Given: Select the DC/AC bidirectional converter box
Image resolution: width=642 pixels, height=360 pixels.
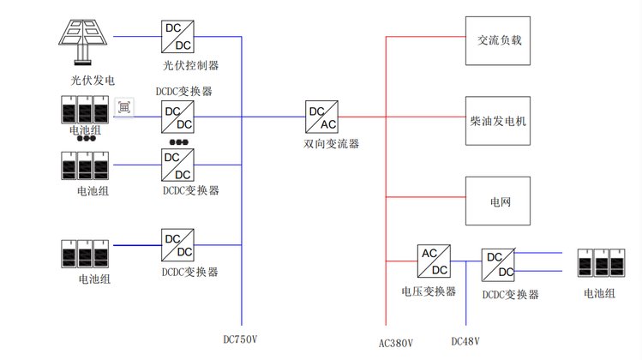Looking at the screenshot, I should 321,116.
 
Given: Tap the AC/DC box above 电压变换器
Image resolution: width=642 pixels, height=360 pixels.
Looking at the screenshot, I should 433,261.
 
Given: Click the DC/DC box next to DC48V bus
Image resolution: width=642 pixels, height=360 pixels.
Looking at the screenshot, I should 498,265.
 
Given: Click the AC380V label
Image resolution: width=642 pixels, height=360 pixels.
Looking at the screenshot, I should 395,343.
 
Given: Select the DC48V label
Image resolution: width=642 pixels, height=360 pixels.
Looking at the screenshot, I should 465,341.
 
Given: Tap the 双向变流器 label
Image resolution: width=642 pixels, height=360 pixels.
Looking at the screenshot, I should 331,144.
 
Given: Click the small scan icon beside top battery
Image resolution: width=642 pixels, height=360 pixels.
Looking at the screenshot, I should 125,106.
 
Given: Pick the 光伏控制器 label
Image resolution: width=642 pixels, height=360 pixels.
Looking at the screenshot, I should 190,65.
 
